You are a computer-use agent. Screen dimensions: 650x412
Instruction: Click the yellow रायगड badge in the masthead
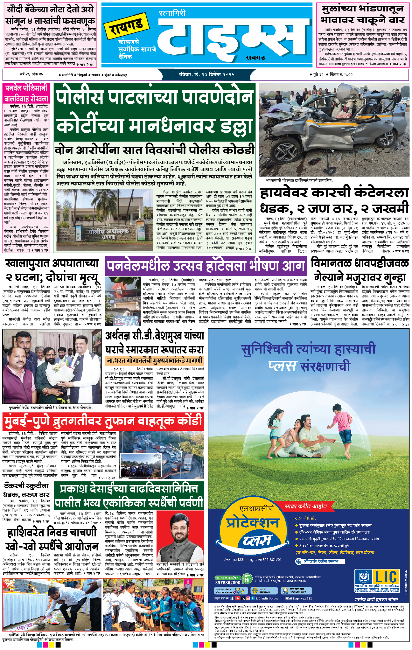127,25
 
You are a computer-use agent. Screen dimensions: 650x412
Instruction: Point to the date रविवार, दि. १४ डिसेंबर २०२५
206,74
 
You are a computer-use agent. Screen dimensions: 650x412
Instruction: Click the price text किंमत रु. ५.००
341,74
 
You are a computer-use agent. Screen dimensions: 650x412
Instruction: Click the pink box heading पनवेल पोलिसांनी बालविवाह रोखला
26,93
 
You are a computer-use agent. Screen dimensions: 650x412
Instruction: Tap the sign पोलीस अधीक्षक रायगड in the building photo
108,233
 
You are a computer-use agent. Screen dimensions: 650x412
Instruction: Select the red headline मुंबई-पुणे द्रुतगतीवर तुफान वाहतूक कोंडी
103,421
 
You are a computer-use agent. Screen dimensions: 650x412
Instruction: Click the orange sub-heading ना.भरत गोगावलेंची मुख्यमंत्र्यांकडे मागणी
154,361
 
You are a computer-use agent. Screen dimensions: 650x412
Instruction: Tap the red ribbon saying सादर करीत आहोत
305,506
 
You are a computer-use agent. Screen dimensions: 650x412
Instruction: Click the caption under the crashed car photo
299,180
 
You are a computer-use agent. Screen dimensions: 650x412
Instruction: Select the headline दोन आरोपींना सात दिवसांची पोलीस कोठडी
155,150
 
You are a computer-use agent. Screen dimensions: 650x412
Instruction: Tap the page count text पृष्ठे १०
318,74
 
